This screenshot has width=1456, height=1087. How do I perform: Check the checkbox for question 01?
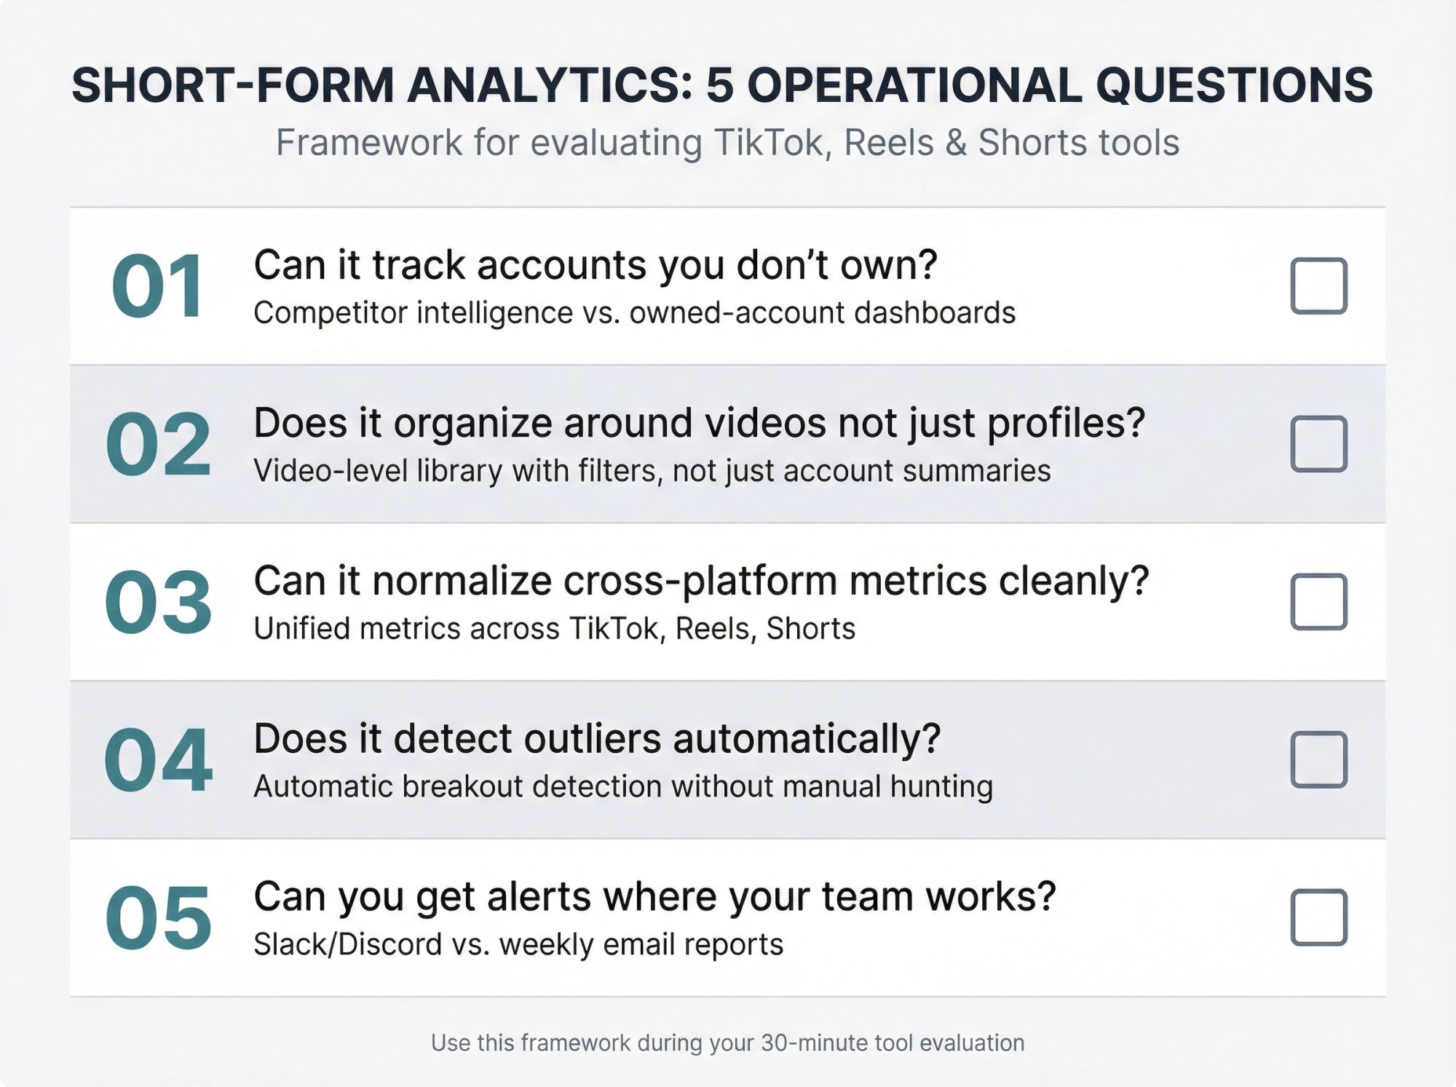[x=1318, y=285]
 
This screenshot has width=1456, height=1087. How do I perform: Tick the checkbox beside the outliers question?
[x=1318, y=759]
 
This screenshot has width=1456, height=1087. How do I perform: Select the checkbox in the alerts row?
[x=1318, y=917]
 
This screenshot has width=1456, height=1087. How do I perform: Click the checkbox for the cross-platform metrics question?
[x=1318, y=601]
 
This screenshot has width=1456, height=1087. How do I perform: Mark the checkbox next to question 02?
[x=1318, y=443]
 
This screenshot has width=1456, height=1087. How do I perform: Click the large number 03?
[x=158, y=603]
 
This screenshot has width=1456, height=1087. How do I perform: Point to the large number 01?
[x=158, y=287]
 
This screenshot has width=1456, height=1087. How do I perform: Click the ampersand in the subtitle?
[x=956, y=143]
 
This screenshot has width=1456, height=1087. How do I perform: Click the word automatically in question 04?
[x=806, y=740]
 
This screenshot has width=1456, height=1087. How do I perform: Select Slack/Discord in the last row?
[x=347, y=944]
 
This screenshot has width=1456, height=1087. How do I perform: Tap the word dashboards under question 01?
[x=934, y=313]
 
